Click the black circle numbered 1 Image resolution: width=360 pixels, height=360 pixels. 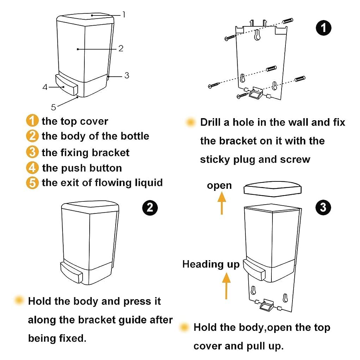[323, 27]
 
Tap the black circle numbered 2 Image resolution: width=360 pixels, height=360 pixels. [150, 207]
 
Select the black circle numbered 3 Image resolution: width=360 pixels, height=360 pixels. [323, 207]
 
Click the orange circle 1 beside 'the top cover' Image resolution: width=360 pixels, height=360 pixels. [32, 121]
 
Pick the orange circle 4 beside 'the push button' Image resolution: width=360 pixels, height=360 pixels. [32, 168]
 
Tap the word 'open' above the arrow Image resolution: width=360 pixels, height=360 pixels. [219, 185]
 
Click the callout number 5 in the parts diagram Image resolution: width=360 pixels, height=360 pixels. [53, 107]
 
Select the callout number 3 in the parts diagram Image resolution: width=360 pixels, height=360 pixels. [127, 75]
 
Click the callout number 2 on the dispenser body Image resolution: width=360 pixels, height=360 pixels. [121, 49]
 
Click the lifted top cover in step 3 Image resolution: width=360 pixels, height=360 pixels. [273, 188]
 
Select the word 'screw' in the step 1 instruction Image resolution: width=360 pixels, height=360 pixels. [295, 159]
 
